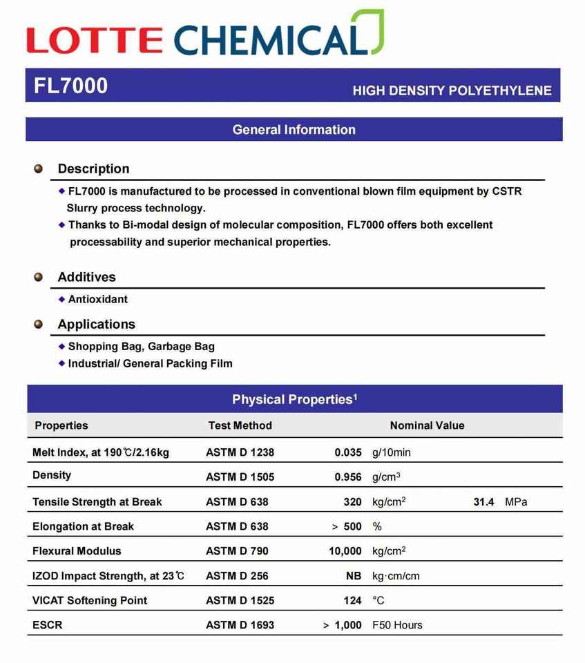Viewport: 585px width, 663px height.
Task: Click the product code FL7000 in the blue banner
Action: (x=70, y=86)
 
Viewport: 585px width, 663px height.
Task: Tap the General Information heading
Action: (x=294, y=130)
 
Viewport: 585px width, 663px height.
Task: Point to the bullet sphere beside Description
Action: (x=39, y=169)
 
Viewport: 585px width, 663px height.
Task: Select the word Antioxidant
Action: (x=97, y=299)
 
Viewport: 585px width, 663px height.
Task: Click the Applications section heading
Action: (x=96, y=324)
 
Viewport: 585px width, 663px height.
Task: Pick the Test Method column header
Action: (x=240, y=425)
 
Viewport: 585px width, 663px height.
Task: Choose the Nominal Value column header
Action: (x=427, y=425)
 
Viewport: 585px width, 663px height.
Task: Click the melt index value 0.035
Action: (x=348, y=452)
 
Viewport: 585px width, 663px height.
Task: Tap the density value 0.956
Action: (x=348, y=477)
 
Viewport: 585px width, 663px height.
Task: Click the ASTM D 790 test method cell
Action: (x=237, y=551)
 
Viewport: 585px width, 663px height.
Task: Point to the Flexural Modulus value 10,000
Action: (x=345, y=551)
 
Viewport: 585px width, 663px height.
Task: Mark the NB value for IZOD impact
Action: (x=354, y=576)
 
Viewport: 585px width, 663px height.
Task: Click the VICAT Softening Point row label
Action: (x=90, y=600)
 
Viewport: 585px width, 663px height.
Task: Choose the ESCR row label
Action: (x=47, y=625)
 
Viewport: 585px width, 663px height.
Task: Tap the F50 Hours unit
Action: (x=397, y=625)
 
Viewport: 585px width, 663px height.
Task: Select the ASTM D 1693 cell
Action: (x=240, y=625)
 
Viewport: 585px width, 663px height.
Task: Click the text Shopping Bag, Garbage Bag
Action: (x=141, y=347)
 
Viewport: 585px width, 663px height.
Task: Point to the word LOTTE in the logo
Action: (x=95, y=40)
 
